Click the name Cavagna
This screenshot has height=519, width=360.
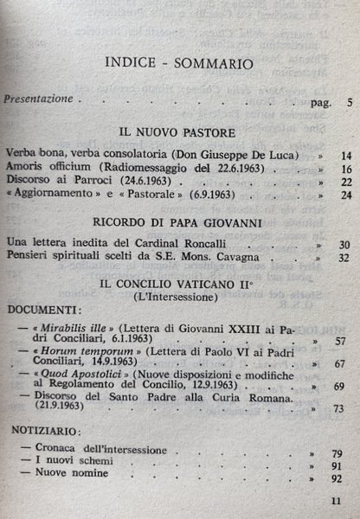coord(243,259)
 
